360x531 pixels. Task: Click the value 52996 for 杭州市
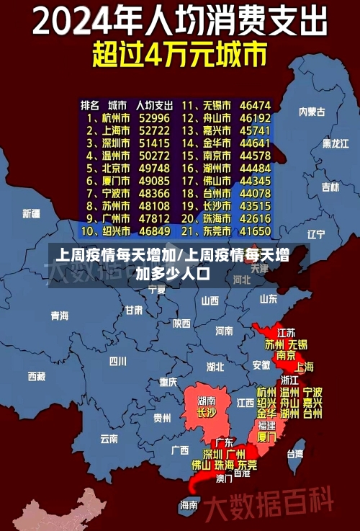tap(155, 117)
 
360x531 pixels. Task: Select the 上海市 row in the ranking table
tap(109, 130)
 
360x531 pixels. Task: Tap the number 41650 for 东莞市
tap(255, 231)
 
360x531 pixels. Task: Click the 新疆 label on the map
tap(31, 213)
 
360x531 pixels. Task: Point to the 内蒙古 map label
tap(312, 112)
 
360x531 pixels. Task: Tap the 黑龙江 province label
tap(336, 143)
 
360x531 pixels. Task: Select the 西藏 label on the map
tap(36, 376)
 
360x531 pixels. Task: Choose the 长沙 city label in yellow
tap(206, 413)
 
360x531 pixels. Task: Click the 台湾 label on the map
tap(295, 454)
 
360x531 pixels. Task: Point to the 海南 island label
tap(189, 504)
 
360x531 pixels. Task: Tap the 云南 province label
tap(109, 438)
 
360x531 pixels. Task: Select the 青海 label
tap(59, 316)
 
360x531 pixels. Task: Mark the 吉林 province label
tap(330, 187)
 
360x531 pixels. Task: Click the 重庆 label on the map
tap(168, 382)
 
